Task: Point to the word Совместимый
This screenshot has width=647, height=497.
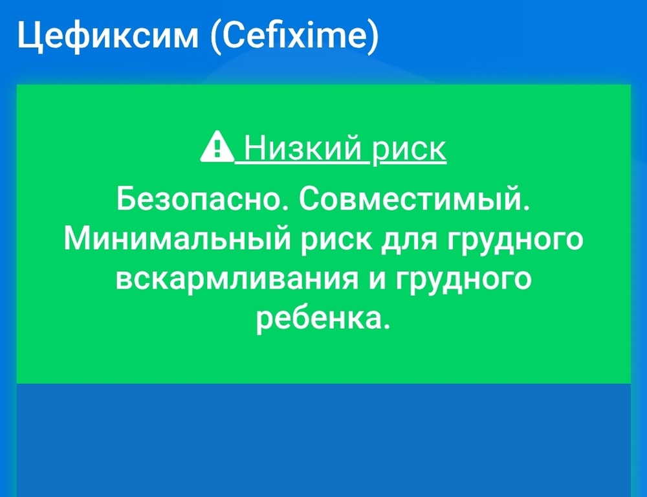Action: click(x=415, y=199)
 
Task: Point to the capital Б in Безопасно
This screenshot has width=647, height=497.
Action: click(x=126, y=199)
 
